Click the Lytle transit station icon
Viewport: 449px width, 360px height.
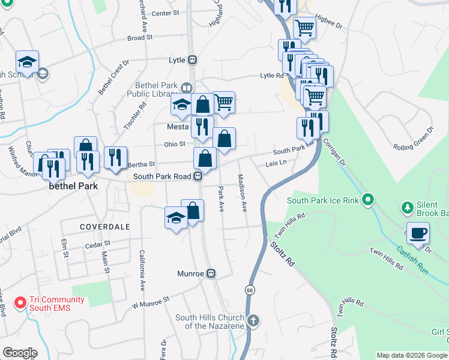(193, 59)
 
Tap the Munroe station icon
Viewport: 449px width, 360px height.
(211, 274)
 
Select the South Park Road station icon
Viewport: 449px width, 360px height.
(196, 176)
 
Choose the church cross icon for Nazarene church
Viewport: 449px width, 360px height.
(253, 320)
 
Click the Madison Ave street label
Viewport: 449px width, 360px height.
(242, 193)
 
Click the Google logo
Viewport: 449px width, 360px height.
(20, 352)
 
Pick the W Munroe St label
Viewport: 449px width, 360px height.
(151, 302)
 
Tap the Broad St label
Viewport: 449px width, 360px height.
(141, 37)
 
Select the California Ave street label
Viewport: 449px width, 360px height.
(143, 270)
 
